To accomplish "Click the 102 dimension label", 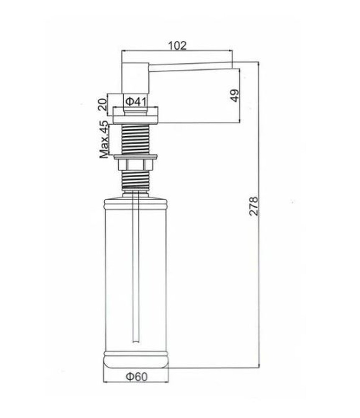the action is pyautogui.click(x=177, y=46).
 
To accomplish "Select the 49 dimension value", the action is pyautogui.click(x=235, y=95).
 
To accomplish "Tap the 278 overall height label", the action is pyautogui.click(x=254, y=206).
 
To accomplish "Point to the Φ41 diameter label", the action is pyautogui.click(x=136, y=101).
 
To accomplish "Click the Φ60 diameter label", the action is pyautogui.click(x=136, y=377).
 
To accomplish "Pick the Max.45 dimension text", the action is pyautogui.click(x=104, y=140).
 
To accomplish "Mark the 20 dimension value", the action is pyautogui.click(x=102, y=104).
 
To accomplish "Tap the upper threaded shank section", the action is pyautogui.click(x=135, y=139).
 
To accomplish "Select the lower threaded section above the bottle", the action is pyautogui.click(x=135, y=180).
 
